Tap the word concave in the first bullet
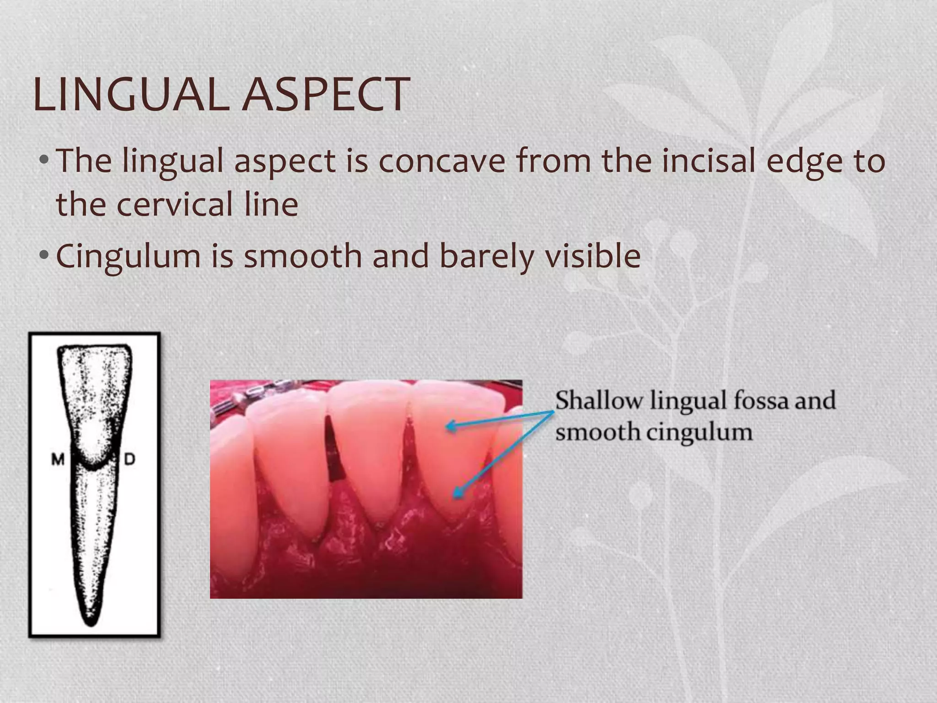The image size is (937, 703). click(442, 161)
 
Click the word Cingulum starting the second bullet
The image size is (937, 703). click(128, 256)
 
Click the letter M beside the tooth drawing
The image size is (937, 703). click(58, 460)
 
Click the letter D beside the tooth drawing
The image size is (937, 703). click(129, 460)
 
